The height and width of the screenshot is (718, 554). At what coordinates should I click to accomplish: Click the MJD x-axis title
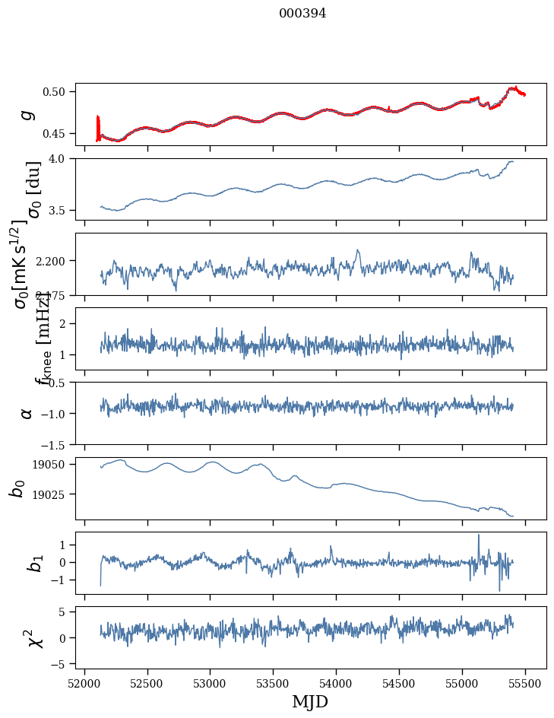point(309,701)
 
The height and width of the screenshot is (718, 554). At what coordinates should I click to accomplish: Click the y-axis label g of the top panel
point(27,114)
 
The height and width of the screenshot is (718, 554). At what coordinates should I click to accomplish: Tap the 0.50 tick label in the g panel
point(59,92)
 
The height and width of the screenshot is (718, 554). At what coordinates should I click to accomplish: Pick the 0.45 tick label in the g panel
point(59,134)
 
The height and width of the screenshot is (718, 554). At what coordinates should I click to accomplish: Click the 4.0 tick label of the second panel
point(63,158)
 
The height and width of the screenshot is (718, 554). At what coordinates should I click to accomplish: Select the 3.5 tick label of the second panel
point(63,210)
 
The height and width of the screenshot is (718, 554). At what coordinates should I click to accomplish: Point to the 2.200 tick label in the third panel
point(53,261)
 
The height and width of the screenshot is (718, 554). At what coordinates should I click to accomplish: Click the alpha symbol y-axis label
point(27,413)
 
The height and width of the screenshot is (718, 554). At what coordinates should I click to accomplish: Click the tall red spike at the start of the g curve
point(98,125)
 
